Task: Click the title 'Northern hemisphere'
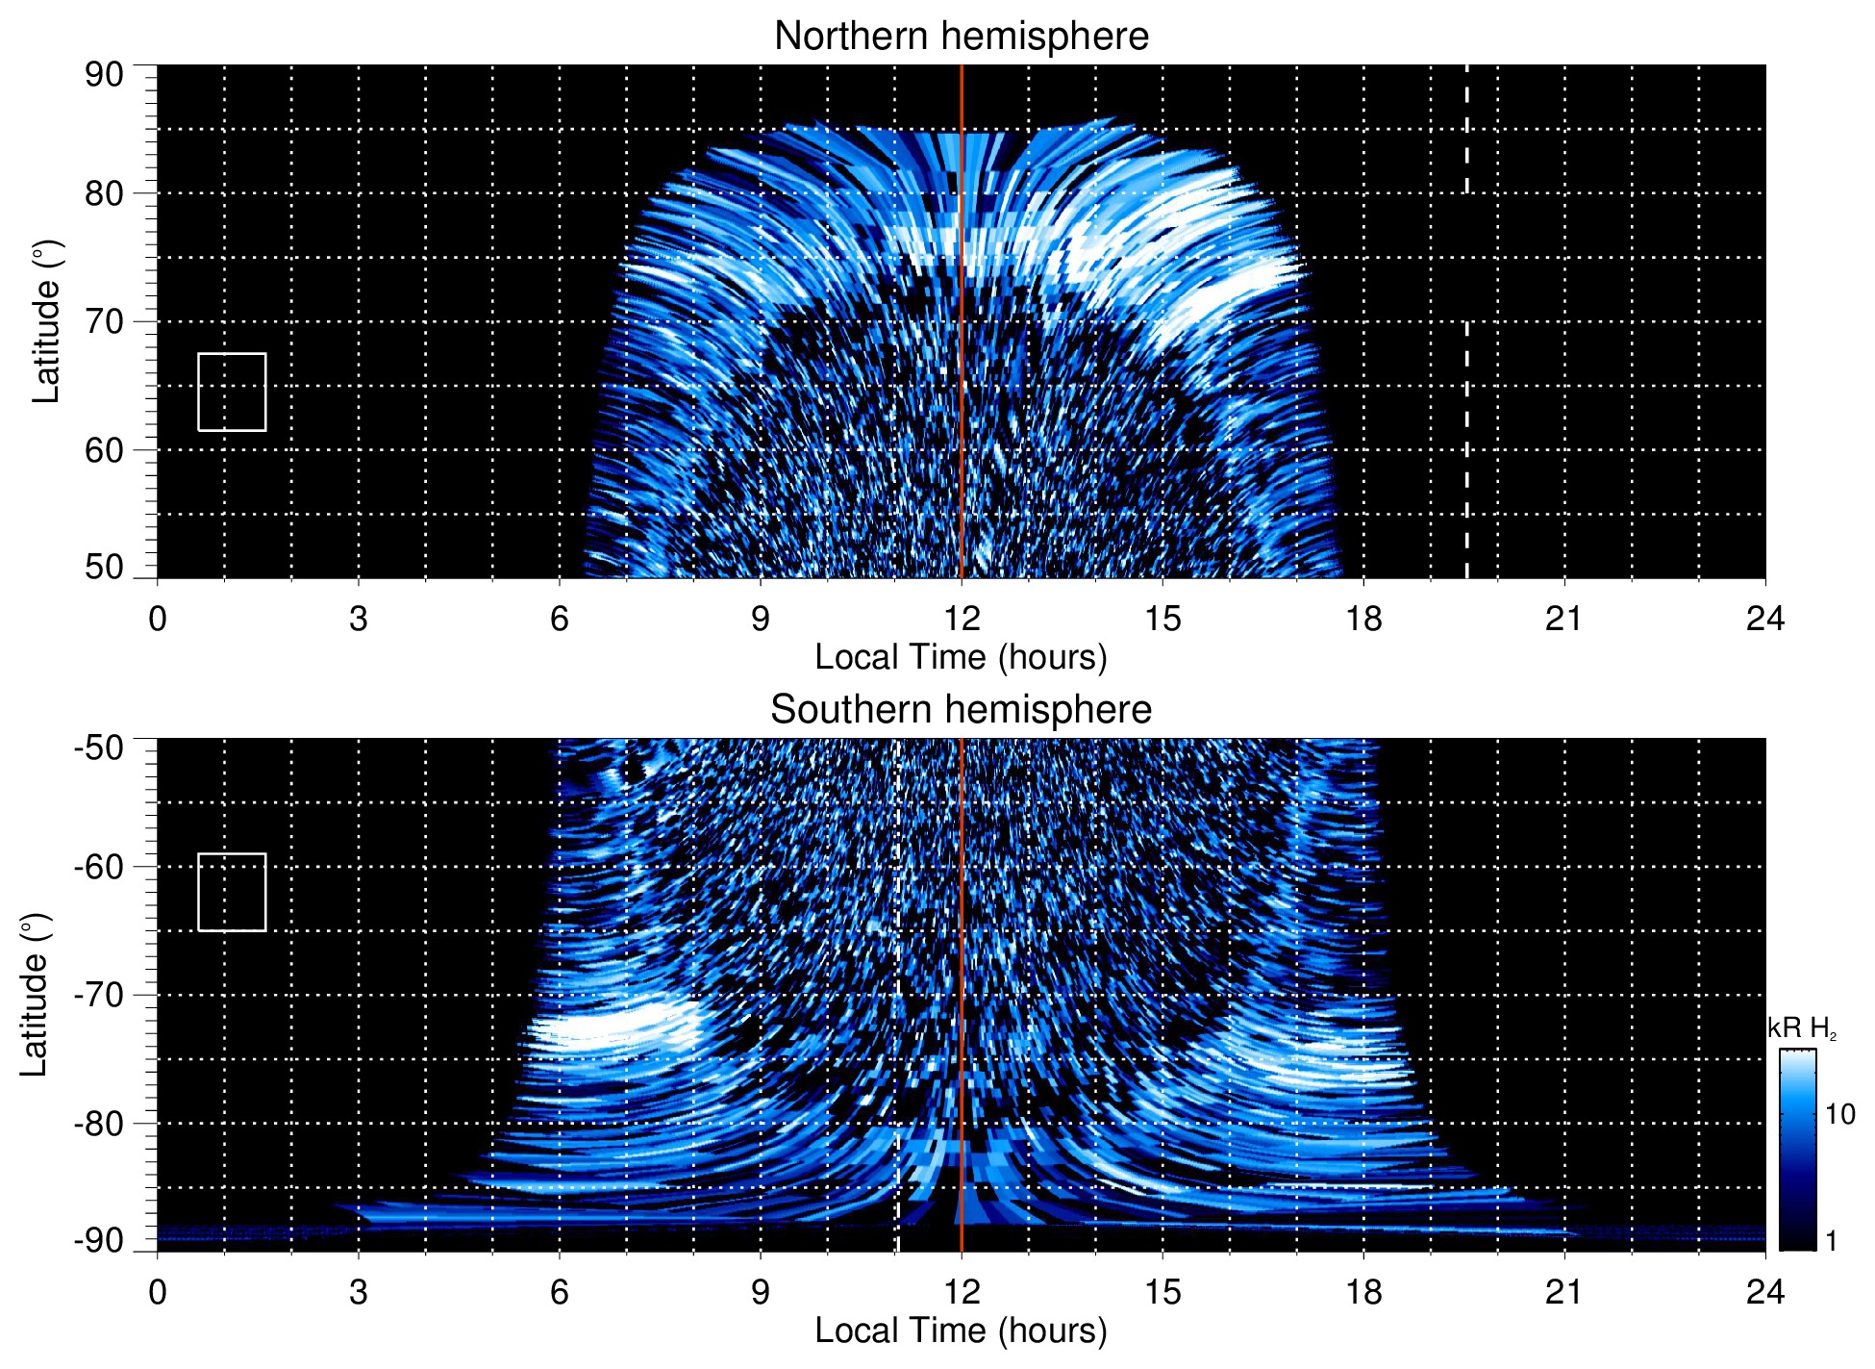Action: [961, 37]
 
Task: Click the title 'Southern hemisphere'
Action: [961, 710]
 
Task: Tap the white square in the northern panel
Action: [232, 392]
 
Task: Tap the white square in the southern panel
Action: [232, 892]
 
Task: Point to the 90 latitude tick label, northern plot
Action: [104, 75]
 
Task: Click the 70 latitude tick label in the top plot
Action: [104, 322]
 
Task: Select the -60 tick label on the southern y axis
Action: [100, 867]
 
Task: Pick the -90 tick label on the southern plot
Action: [100, 1241]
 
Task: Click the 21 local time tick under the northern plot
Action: [1563, 619]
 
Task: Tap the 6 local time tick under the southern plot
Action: [560, 1292]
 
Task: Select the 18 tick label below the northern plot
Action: [1363, 619]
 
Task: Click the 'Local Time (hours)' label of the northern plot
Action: [961, 657]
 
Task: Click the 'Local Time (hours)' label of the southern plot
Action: [961, 1331]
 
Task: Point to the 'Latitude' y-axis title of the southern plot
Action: [35, 995]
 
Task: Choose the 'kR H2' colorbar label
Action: [1802, 1028]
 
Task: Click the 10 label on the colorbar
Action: [1839, 1115]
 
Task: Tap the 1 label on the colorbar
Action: [1831, 1241]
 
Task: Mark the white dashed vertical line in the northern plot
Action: [1466, 433]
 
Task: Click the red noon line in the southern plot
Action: [962, 962]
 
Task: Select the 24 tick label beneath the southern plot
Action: [1764, 1292]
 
